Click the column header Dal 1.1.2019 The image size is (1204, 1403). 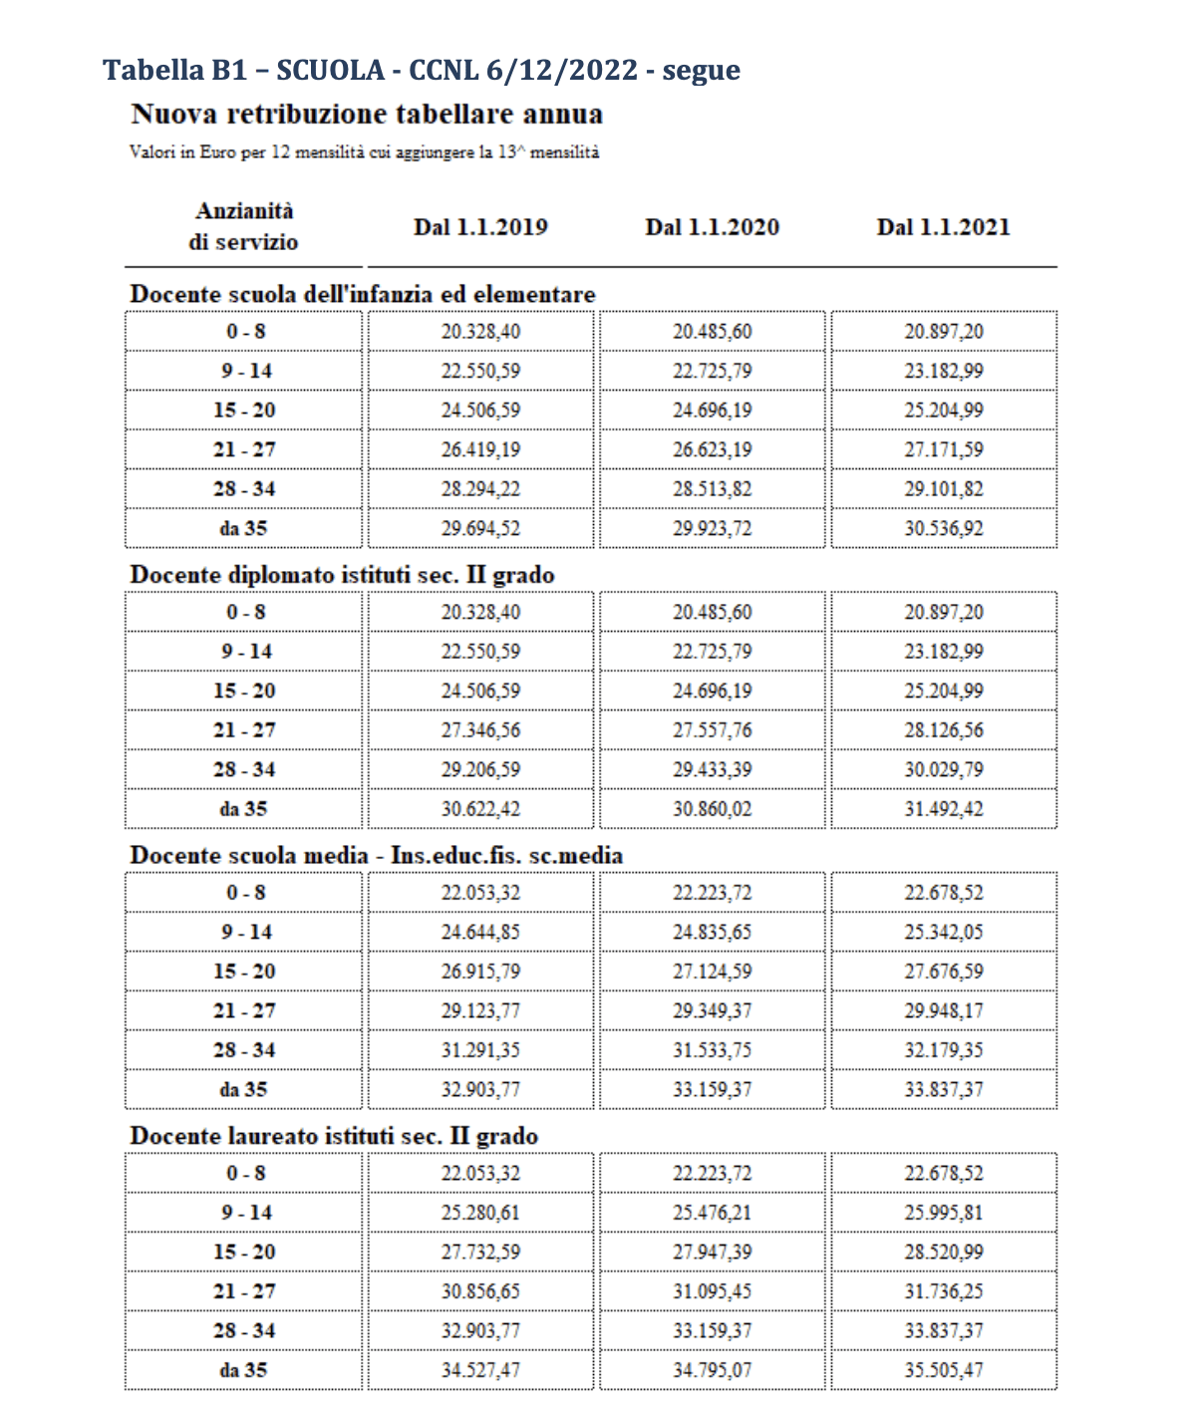[x=480, y=227]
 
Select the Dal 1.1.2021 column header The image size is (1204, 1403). [x=943, y=227]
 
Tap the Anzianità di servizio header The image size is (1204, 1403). [x=244, y=226]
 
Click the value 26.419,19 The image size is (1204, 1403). [x=480, y=449]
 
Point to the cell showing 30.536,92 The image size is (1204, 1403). [x=943, y=528]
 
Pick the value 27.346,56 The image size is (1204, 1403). [x=480, y=730]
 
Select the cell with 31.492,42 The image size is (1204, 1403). [x=943, y=809]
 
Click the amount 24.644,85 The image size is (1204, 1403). [x=480, y=932]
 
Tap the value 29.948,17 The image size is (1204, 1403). [x=943, y=1010]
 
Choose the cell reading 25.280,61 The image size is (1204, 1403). [x=480, y=1213]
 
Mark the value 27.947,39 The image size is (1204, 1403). [x=712, y=1252]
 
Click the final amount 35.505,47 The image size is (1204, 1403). [x=943, y=1370]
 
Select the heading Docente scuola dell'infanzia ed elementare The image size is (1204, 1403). [x=363, y=294]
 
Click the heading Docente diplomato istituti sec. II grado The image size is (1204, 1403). [x=342, y=575]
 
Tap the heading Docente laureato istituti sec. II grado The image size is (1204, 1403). [x=334, y=1136]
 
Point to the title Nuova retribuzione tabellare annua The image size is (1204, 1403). [x=367, y=114]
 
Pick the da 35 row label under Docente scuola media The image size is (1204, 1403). [x=244, y=1089]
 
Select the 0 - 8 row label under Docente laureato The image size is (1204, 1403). [x=244, y=1173]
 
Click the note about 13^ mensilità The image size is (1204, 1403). [x=364, y=152]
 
